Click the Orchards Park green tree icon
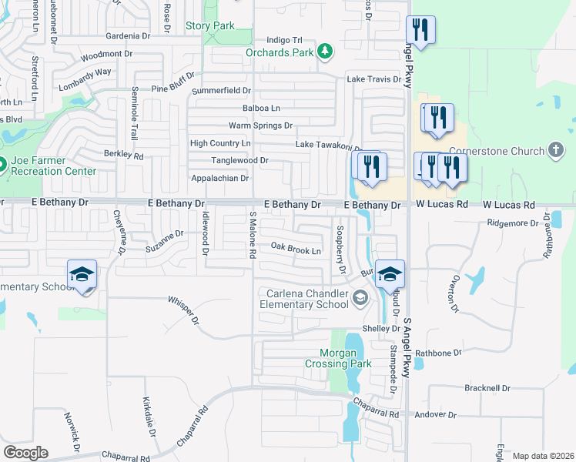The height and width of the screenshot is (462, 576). click(x=325, y=52)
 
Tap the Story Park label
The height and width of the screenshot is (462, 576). click(x=210, y=25)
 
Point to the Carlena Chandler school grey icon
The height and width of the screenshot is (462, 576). click(x=359, y=298)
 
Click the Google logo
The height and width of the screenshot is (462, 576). click(x=25, y=453)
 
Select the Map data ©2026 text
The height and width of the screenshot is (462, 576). click(x=543, y=456)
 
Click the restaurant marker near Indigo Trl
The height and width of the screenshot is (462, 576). click(x=420, y=32)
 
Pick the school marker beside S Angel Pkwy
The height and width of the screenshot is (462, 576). click(x=390, y=274)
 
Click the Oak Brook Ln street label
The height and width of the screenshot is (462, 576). click(x=296, y=250)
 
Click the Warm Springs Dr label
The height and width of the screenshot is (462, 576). click(x=261, y=126)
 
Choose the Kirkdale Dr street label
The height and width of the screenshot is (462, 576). click(x=149, y=417)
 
